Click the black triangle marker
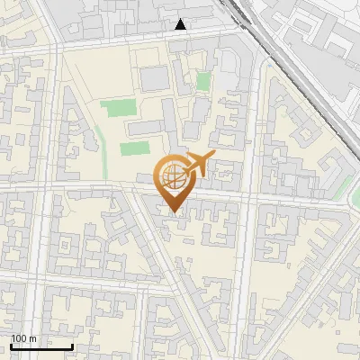181,25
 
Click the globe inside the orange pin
171,176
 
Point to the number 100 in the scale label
19,338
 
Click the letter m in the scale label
33,338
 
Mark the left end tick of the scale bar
11,346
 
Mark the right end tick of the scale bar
72,346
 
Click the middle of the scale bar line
41,347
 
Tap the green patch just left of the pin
134,149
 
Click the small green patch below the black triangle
204,82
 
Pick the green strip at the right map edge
344,187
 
